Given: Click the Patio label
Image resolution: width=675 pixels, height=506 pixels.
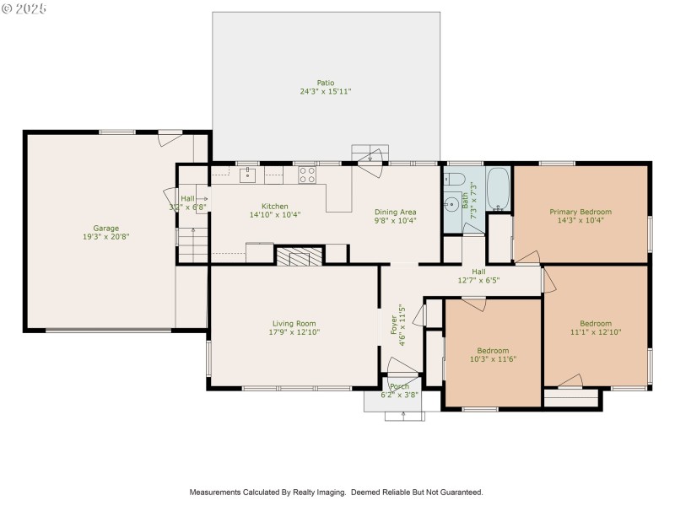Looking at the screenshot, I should (x=326, y=83).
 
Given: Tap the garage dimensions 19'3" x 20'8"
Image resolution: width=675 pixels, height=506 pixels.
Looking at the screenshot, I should (x=105, y=237).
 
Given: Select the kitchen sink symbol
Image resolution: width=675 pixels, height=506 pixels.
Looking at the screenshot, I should (x=247, y=176).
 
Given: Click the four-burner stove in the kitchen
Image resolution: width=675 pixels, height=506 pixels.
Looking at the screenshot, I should (x=307, y=175).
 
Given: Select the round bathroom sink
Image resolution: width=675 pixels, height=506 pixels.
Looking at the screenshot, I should (x=452, y=204).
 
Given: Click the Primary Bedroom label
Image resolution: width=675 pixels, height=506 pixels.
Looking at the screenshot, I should (x=580, y=212).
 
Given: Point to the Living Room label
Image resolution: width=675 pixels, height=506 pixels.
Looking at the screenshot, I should (x=294, y=323).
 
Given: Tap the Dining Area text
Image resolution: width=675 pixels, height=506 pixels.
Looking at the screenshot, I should (x=396, y=212).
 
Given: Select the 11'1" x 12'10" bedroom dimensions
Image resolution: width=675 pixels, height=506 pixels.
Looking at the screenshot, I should (x=596, y=332).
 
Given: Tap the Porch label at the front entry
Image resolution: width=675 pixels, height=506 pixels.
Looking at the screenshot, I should (x=399, y=386).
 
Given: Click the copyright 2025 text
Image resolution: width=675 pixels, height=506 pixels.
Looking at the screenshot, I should (x=24, y=8).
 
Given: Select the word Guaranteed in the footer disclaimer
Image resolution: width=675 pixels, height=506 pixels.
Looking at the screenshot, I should (x=459, y=492).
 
